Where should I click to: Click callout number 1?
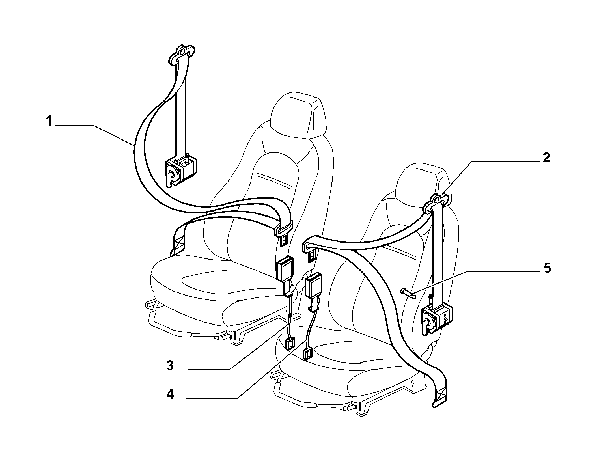(49, 122)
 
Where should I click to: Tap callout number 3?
(170, 366)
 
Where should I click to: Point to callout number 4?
(170, 394)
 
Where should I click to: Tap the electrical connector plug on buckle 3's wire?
(290, 344)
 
